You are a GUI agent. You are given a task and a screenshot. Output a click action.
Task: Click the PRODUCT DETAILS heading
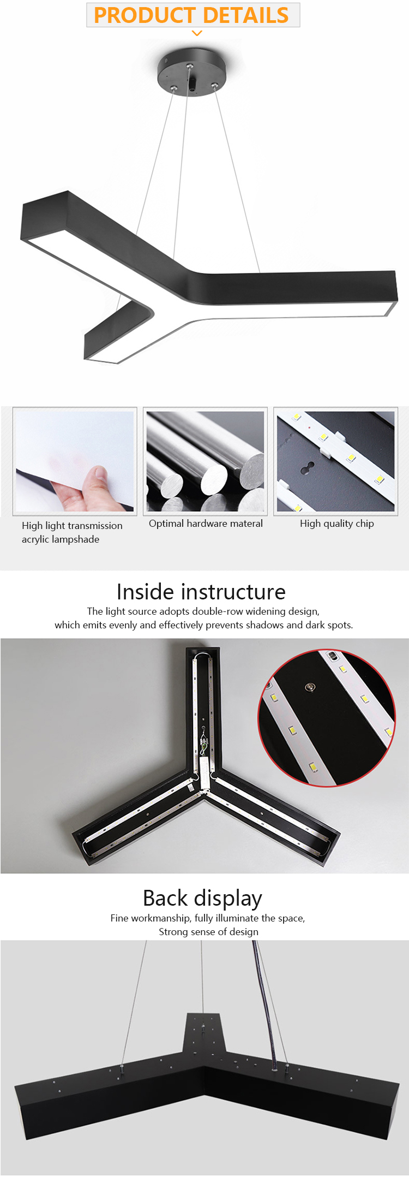pyautogui.click(x=191, y=15)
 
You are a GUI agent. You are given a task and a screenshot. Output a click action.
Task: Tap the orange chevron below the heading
pyautogui.click(x=197, y=33)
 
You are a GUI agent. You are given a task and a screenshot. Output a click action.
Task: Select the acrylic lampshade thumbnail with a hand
pyautogui.click(x=75, y=461)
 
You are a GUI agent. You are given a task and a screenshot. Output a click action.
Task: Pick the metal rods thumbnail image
pyautogui.click(x=205, y=461)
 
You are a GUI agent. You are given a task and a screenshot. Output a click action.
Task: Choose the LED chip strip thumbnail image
pyautogui.click(x=335, y=461)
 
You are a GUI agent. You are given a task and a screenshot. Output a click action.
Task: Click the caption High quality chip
pyautogui.click(x=337, y=524)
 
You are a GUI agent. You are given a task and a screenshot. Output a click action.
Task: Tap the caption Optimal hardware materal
pyautogui.click(x=206, y=524)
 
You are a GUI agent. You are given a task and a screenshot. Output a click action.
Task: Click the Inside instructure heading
pyautogui.click(x=201, y=592)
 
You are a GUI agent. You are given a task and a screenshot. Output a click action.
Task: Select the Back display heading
pyautogui.click(x=202, y=899)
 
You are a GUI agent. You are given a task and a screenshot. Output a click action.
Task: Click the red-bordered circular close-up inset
pyautogui.click(x=327, y=718)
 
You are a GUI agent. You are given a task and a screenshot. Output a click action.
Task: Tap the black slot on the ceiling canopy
pyautogui.click(x=192, y=85)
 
